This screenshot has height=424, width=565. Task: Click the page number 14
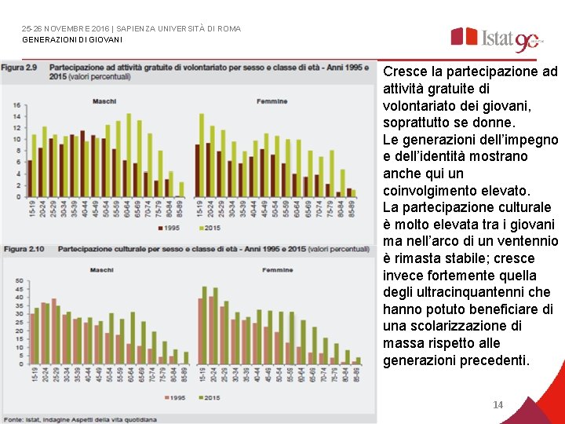pos(498,405)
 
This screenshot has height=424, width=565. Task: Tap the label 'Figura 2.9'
pos(20,68)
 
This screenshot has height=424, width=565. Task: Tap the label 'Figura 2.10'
pos(22,249)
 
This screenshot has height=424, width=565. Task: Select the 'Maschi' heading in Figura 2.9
pos(104,101)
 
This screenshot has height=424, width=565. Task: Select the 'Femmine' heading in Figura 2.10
pos(278,270)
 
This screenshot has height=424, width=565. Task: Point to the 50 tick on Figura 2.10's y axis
pos(16,281)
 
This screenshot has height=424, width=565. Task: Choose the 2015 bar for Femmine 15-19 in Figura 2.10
pos(205,326)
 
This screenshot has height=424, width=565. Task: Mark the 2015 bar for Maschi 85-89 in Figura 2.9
pos(181,189)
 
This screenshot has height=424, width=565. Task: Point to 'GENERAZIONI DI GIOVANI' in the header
pos(72,39)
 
